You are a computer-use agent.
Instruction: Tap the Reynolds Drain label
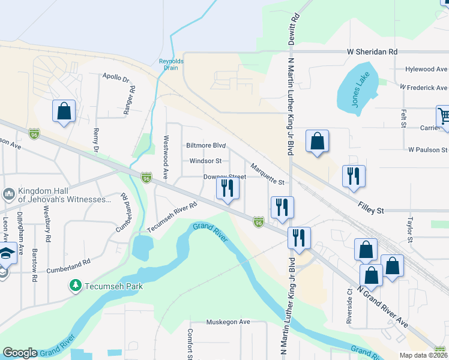click(x=171, y=64)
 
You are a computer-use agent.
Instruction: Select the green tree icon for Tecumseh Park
click(x=76, y=286)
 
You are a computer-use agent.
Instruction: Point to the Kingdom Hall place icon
click(x=8, y=194)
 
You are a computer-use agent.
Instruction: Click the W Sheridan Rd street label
click(x=372, y=52)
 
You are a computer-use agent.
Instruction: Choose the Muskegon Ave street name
click(x=228, y=322)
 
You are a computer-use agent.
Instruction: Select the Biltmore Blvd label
click(x=206, y=146)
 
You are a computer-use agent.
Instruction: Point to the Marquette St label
click(x=267, y=175)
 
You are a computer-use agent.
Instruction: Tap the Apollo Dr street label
click(x=116, y=77)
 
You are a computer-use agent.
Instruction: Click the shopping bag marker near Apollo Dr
click(x=64, y=112)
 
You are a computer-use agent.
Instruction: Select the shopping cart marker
click(x=444, y=118)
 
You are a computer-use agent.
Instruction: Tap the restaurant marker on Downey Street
click(x=228, y=188)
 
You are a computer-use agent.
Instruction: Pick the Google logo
click(x=20, y=353)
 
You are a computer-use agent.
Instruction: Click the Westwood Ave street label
click(x=163, y=166)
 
